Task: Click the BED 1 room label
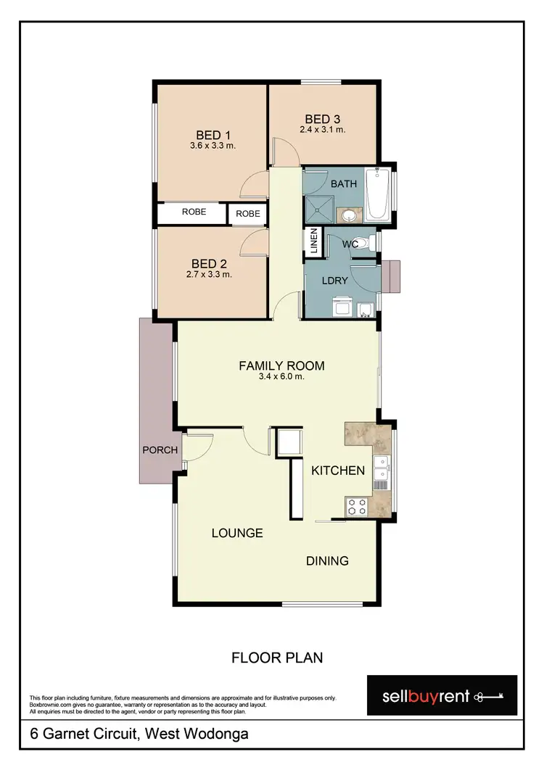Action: [x=213, y=134]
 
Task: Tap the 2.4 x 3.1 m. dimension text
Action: [x=322, y=130]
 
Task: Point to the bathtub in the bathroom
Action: [x=377, y=194]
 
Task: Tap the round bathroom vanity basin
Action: [x=350, y=214]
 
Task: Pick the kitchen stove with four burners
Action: [x=355, y=507]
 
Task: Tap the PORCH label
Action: [x=160, y=450]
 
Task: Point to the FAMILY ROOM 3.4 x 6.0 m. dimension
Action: [x=281, y=376]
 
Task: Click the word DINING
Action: [x=326, y=560]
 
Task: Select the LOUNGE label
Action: [x=236, y=533]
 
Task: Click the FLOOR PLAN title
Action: [x=276, y=658]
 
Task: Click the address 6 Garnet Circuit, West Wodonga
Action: [x=139, y=734]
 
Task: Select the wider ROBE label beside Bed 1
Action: [x=194, y=212]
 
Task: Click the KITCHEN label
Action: [x=337, y=471]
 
